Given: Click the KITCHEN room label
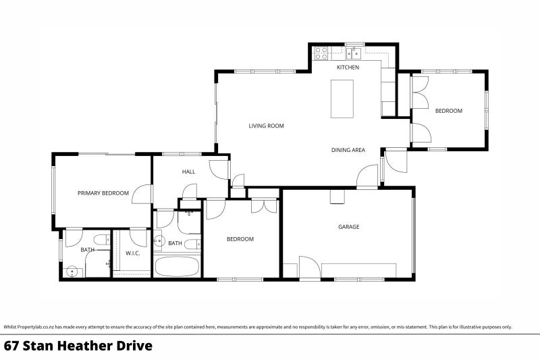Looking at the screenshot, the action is coord(348,67).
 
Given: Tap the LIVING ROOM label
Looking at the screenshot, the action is coord(266,126).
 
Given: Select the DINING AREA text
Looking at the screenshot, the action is coord(348,150).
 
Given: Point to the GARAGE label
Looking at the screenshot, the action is coord(348,227).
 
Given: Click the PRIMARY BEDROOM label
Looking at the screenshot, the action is coord(103,193).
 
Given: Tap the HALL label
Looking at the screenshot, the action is coord(188,172).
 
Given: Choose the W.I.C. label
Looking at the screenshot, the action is coord(132,253).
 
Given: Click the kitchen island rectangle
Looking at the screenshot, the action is coord(342,99).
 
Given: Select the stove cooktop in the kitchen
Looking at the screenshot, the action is coord(321,53).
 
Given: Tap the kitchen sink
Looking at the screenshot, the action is coord(353,53).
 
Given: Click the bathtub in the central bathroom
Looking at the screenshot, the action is coord(177,266).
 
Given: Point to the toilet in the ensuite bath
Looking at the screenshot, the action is coord(102,239).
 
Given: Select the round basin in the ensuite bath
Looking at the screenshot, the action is coord(72,272).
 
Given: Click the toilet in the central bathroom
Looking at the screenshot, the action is coord(192,244).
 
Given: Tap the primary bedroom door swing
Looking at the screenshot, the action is coord(142,194).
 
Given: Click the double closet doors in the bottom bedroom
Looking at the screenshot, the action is coord(264,205).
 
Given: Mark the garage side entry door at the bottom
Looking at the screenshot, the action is coord(310,267).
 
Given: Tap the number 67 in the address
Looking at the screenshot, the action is coord(11,346).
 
